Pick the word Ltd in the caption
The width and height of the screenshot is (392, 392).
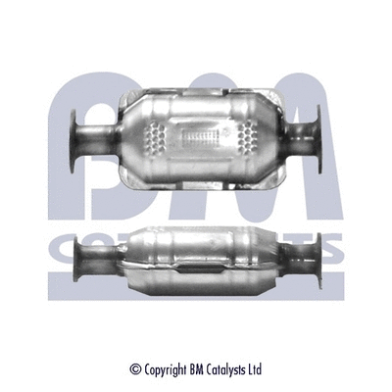[x=257, y=369]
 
